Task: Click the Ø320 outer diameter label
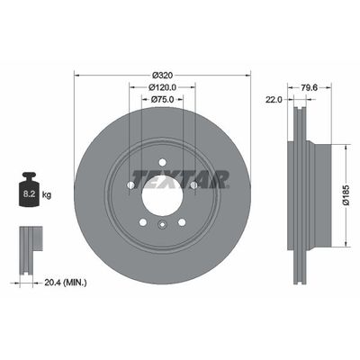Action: click(162, 74)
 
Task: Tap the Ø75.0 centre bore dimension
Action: click(162, 101)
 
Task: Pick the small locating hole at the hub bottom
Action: click(162, 225)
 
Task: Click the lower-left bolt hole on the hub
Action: click(142, 220)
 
